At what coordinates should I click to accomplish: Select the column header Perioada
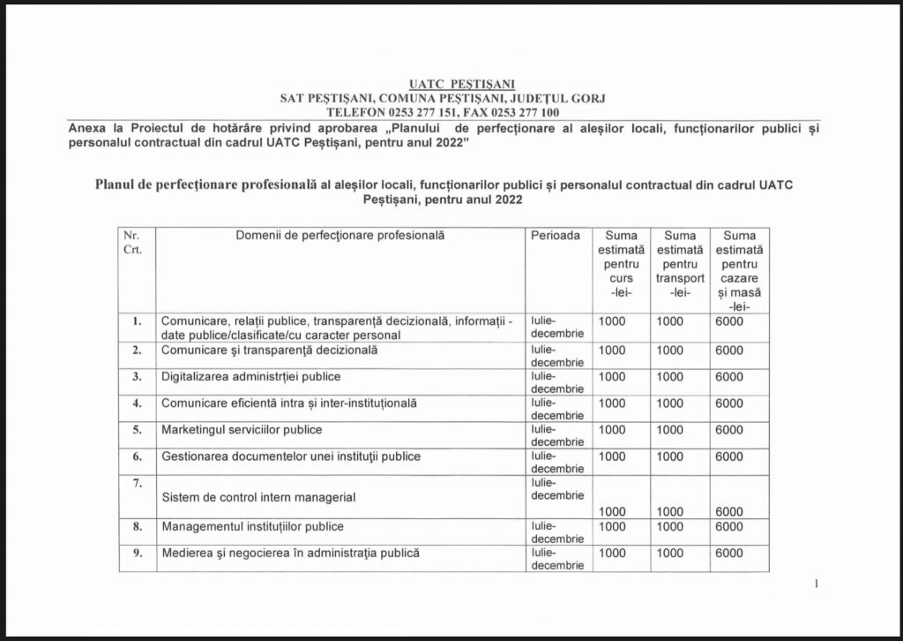[556, 236]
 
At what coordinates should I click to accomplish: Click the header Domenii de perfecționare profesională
[340, 236]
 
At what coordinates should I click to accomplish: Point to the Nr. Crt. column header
[131, 243]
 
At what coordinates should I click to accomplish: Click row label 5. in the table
[137, 430]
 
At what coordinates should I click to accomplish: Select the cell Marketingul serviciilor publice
[241, 430]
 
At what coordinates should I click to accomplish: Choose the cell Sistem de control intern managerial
[258, 497]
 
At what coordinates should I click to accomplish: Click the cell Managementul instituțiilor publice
[251, 527]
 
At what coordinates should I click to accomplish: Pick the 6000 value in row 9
[728, 554]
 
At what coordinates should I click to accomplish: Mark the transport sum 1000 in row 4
[669, 403]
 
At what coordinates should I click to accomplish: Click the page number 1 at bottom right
[817, 584]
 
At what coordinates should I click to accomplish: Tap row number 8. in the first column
[137, 527]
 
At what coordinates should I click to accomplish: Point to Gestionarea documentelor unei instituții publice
[290, 456]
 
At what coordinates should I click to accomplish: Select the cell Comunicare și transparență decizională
[269, 351]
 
